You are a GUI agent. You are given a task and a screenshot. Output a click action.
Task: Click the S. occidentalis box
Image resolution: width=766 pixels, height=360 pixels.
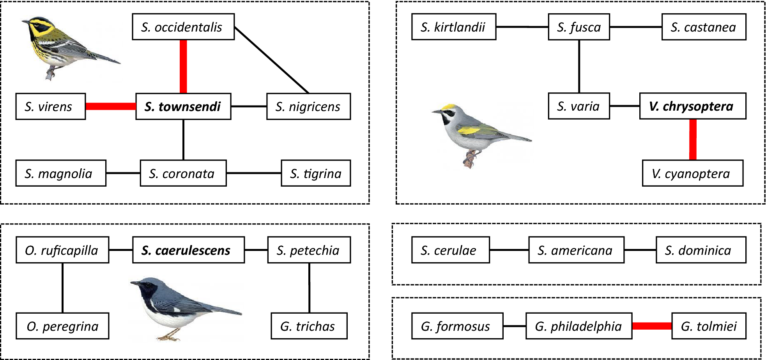pyautogui.click(x=183, y=27)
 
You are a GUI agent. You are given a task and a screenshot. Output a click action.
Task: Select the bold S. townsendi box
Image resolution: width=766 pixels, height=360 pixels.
pyautogui.click(x=183, y=106)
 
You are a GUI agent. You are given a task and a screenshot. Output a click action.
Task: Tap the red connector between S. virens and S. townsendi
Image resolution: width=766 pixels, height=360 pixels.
pyautogui.click(x=110, y=106)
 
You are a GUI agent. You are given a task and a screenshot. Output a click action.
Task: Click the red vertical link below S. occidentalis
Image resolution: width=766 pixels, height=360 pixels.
pyautogui.click(x=183, y=66)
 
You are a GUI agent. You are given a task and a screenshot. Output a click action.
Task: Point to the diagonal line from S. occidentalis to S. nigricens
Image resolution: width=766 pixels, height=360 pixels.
pyautogui.click(x=272, y=60)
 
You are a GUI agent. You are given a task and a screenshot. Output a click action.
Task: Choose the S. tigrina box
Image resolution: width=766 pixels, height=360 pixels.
pyautogui.click(x=316, y=173)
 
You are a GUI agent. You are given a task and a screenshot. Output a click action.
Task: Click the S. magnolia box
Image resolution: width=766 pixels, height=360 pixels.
pyautogui.click(x=61, y=173)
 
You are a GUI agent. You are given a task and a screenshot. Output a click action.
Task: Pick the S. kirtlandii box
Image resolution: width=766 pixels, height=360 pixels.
pyautogui.click(x=454, y=27)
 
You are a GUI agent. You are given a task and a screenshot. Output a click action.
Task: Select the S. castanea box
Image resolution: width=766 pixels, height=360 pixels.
pyautogui.click(x=704, y=27)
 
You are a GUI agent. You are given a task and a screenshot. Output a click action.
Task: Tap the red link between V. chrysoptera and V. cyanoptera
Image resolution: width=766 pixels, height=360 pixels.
pyautogui.click(x=693, y=139)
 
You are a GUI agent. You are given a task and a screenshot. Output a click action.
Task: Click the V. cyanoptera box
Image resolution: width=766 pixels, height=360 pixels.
pyautogui.click(x=693, y=173)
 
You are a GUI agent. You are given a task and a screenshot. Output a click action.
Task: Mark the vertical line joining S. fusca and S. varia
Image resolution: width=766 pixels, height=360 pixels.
pyautogui.click(x=579, y=66)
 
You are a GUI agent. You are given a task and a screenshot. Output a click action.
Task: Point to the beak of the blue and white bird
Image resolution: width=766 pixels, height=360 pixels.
pyautogui.click(x=133, y=283)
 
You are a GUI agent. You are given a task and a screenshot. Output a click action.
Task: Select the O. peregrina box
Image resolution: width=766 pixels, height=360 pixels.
pyautogui.click(x=62, y=326)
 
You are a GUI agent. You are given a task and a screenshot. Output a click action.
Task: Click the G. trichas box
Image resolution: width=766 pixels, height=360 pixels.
pyautogui.click(x=309, y=326)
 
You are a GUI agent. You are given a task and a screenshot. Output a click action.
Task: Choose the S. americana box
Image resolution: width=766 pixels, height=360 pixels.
pyautogui.click(x=576, y=250)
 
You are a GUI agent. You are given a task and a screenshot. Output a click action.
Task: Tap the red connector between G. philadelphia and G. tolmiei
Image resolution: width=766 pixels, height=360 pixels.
pyautogui.click(x=651, y=326)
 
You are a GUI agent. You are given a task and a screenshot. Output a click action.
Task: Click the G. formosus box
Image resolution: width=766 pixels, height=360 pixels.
pyautogui.click(x=457, y=326)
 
